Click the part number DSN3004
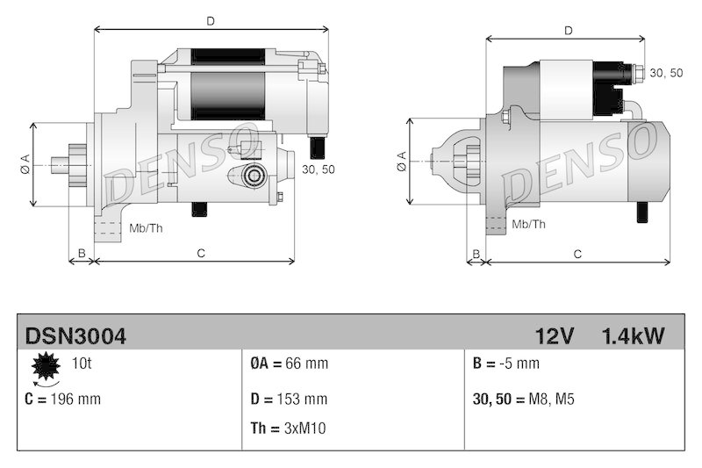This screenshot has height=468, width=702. (75, 335)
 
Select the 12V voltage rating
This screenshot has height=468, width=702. (555, 335)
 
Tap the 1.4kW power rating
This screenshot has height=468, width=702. (633, 335)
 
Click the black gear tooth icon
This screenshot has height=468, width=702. (45, 368)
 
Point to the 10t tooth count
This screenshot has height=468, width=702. (81, 362)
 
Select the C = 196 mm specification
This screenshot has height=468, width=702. (63, 399)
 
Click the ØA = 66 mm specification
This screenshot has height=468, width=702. (290, 363)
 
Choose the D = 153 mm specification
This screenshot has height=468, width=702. (290, 399)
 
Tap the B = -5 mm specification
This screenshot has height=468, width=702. (506, 363)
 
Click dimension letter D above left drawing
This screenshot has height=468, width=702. (211, 20)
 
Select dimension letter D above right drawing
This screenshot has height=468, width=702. (569, 30)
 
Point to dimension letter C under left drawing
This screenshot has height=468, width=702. (200, 254)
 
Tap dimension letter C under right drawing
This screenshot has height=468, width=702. (577, 254)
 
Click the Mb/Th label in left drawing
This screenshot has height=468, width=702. (146, 228)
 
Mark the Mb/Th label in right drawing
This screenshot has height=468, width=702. (527, 225)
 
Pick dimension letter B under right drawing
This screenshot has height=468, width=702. (476, 254)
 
